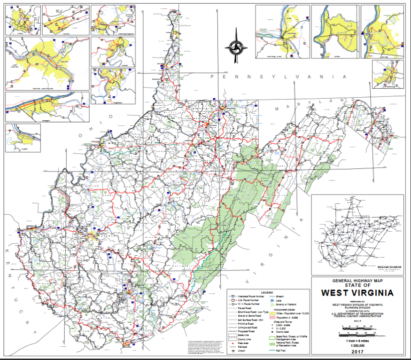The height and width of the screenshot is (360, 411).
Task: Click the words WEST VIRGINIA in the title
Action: tap(357, 293)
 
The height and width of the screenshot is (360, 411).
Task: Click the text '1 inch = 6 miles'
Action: tap(357, 341)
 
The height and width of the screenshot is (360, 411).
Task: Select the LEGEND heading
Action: tap(267, 292)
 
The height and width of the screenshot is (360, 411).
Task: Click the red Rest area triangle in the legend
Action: tap(233, 343)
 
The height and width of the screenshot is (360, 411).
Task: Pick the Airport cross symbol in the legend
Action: tap(233, 351)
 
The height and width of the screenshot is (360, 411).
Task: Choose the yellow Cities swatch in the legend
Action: tap(272, 313)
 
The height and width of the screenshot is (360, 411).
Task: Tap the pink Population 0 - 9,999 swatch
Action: tap(272, 318)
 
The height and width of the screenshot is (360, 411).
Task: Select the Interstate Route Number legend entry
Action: tap(250, 297)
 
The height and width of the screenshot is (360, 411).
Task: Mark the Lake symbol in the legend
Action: tap(272, 300)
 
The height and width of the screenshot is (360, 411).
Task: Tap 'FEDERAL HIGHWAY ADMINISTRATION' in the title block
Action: tap(357, 316)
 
